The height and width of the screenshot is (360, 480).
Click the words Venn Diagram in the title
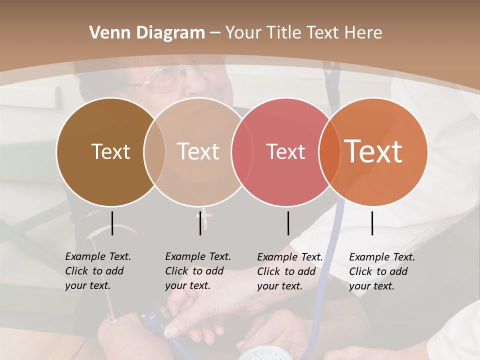[x=147, y=33]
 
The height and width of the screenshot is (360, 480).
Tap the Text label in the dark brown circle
[x=110, y=151]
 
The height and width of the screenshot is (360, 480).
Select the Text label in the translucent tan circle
[x=198, y=151]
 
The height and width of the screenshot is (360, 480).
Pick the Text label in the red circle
[x=285, y=151]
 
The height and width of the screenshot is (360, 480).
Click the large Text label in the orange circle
[x=373, y=151]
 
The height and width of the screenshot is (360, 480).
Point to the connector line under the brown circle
[x=112, y=223]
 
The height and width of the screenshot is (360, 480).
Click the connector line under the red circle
[x=288, y=223]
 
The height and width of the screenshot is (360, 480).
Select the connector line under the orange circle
[x=372, y=223]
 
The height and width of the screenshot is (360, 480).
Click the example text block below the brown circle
[x=98, y=271]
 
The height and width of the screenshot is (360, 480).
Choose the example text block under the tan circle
[x=198, y=271]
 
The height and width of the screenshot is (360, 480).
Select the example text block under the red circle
[x=290, y=271]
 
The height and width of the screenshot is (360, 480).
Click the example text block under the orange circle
[x=382, y=271]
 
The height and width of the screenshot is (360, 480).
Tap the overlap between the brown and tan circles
[x=154, y=151]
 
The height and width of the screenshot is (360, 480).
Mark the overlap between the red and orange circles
[x=329, y=151]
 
